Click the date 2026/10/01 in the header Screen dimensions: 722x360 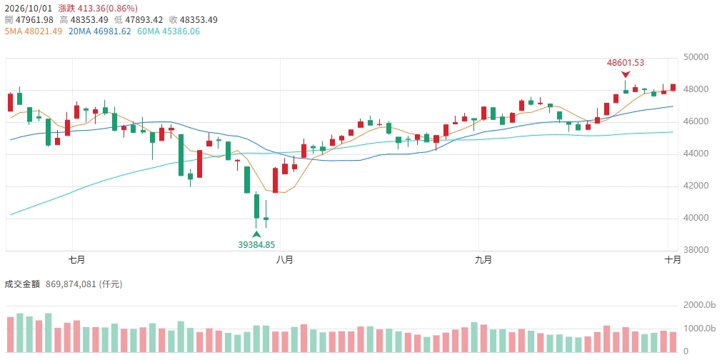[28, 9]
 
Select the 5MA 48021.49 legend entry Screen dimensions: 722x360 [33, 31]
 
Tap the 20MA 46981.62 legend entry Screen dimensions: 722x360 [99, 31]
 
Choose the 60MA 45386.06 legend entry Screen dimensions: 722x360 [168, 31]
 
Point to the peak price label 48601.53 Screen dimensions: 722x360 [626, 63]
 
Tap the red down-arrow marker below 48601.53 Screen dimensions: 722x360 [626, 74]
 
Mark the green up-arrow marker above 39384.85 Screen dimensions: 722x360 [256, 234]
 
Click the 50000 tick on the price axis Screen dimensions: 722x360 [696, 57]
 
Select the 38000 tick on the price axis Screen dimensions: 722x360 [696, 250]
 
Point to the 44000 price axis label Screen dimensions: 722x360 [696, 154]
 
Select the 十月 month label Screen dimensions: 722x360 [673, 260]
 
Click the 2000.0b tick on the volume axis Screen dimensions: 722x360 [699, 305]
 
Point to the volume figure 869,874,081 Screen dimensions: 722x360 [71, 284]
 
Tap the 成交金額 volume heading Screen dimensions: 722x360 [21, 284]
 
